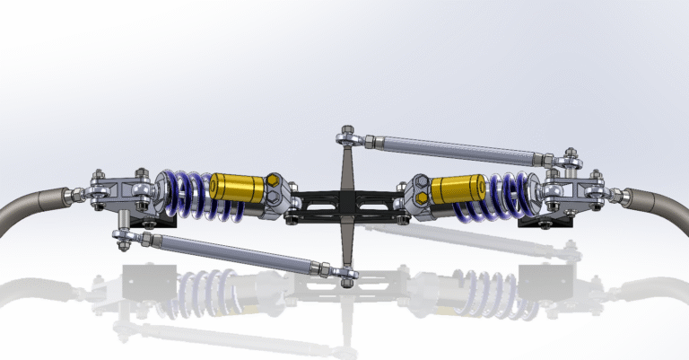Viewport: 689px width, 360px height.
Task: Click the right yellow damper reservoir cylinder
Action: click(x=458, y=189)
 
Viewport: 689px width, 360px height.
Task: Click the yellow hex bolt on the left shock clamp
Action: click(x=271, y=189)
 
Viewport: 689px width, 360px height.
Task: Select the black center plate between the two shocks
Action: click(x=345, y=204)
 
